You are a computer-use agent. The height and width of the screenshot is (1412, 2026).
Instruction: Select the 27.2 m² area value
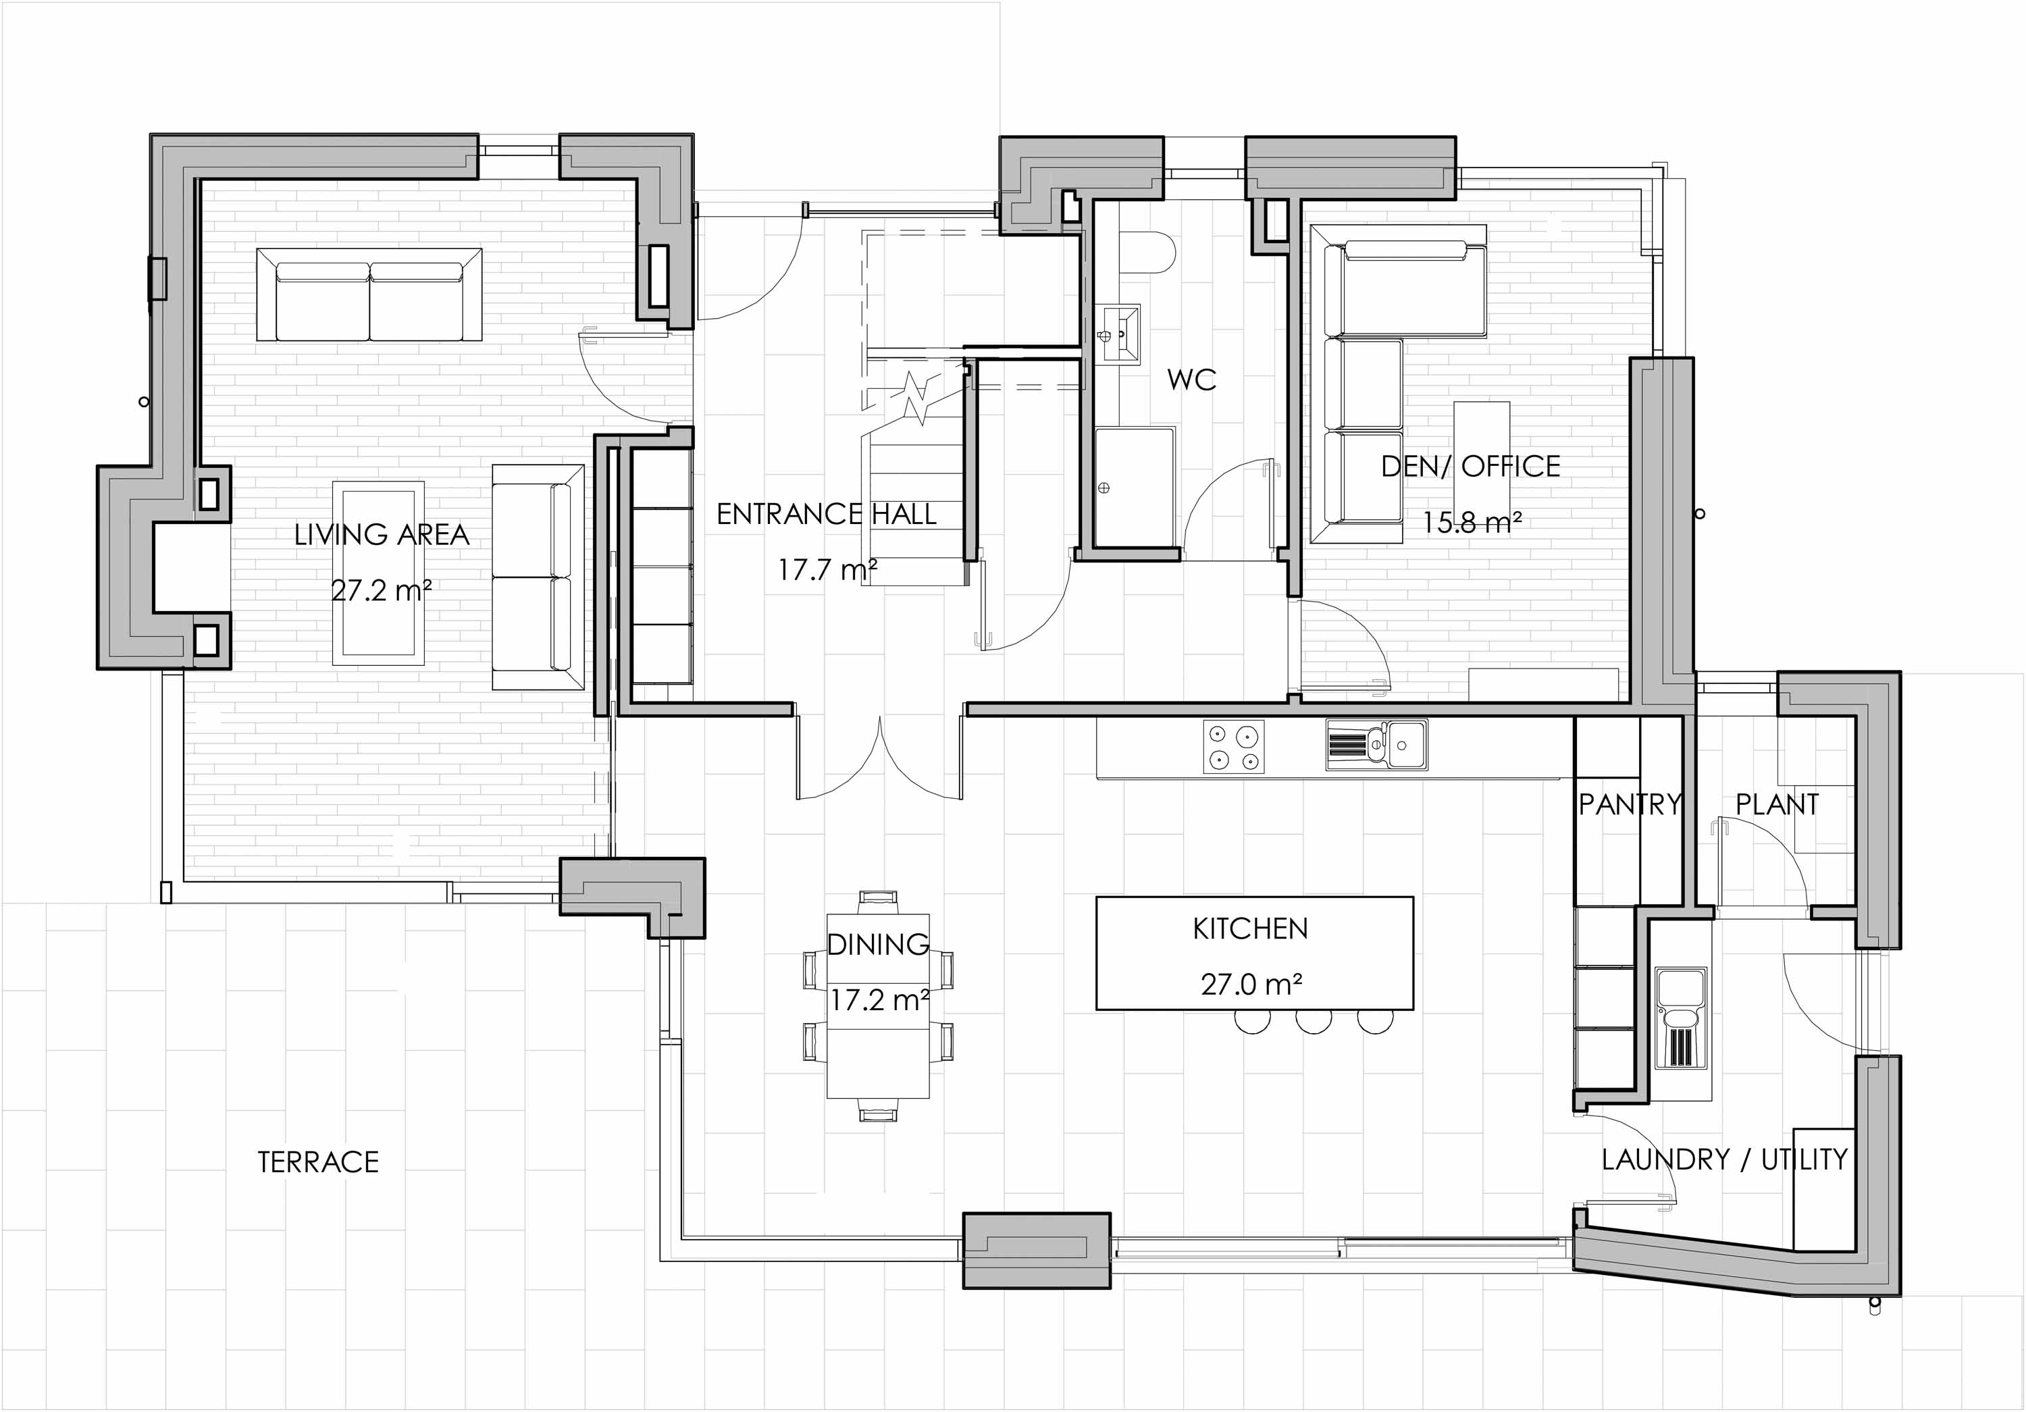point(381,590)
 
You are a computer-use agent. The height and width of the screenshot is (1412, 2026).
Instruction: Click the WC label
point(1191,380)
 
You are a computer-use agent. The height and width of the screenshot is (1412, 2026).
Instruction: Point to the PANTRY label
point(1630,804)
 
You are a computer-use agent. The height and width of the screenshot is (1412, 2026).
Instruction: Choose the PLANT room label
point(1777,804)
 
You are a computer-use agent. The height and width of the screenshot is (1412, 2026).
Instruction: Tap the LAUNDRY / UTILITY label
point(1724,1159)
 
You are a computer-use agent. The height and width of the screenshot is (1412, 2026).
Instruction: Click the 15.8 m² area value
point(1471,523)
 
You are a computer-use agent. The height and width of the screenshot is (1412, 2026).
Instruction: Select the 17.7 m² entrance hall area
point(827,569)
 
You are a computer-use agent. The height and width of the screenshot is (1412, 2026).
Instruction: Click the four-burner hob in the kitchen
point(1234,748)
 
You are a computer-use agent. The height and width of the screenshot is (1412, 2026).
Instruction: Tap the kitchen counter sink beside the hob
point(1376,746)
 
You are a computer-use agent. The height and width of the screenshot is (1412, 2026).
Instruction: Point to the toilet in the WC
point(1150,253)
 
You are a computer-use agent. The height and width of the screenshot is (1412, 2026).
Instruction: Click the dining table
point(878,1006)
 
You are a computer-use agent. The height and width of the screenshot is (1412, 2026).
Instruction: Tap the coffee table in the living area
point(379,572)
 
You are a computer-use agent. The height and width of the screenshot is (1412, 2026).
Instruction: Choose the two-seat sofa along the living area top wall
point(369,294)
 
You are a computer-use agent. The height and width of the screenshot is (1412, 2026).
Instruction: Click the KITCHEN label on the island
point(1250,929)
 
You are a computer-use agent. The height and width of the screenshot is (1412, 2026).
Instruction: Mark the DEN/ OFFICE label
point(1471,466)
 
